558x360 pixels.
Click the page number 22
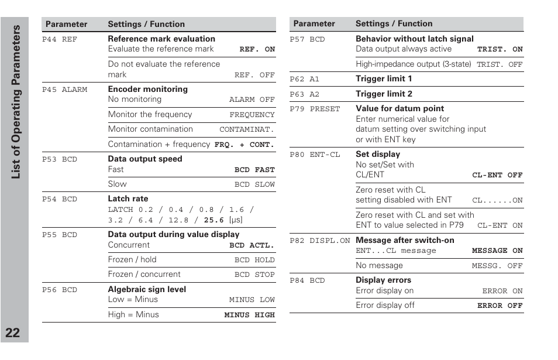(13, 333)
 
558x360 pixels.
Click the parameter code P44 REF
(60, 39)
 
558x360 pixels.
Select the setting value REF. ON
(257, 50)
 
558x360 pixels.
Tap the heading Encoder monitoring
(147, 89)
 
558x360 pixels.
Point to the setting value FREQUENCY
(252, 115)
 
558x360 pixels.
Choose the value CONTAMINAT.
(246, 130)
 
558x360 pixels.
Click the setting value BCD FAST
(254, 170)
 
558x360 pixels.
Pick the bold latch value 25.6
(213, 220)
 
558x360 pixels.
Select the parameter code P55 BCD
(60, 235)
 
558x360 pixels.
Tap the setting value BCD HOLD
(254, 260)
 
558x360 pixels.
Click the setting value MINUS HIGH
(249, 315)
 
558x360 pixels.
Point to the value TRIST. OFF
(500, 65)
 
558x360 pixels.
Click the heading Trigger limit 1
(384, 78)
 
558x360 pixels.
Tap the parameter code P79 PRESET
(315, 109)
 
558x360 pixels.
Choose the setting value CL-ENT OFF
(497, 175)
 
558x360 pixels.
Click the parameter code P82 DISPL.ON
(319, 241)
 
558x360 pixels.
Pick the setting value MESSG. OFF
(497, 266)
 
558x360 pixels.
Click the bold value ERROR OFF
(500, 306)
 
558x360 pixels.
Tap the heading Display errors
(383, 280)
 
